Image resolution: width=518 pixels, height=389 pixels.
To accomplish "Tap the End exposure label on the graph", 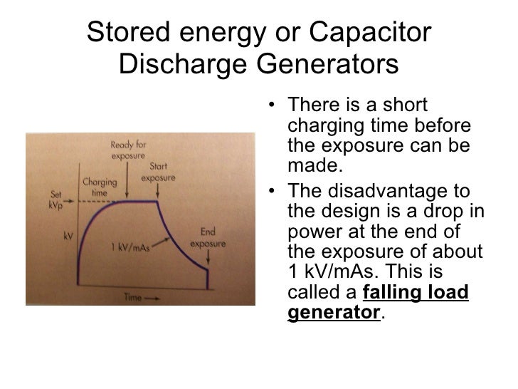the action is [208, 237].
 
